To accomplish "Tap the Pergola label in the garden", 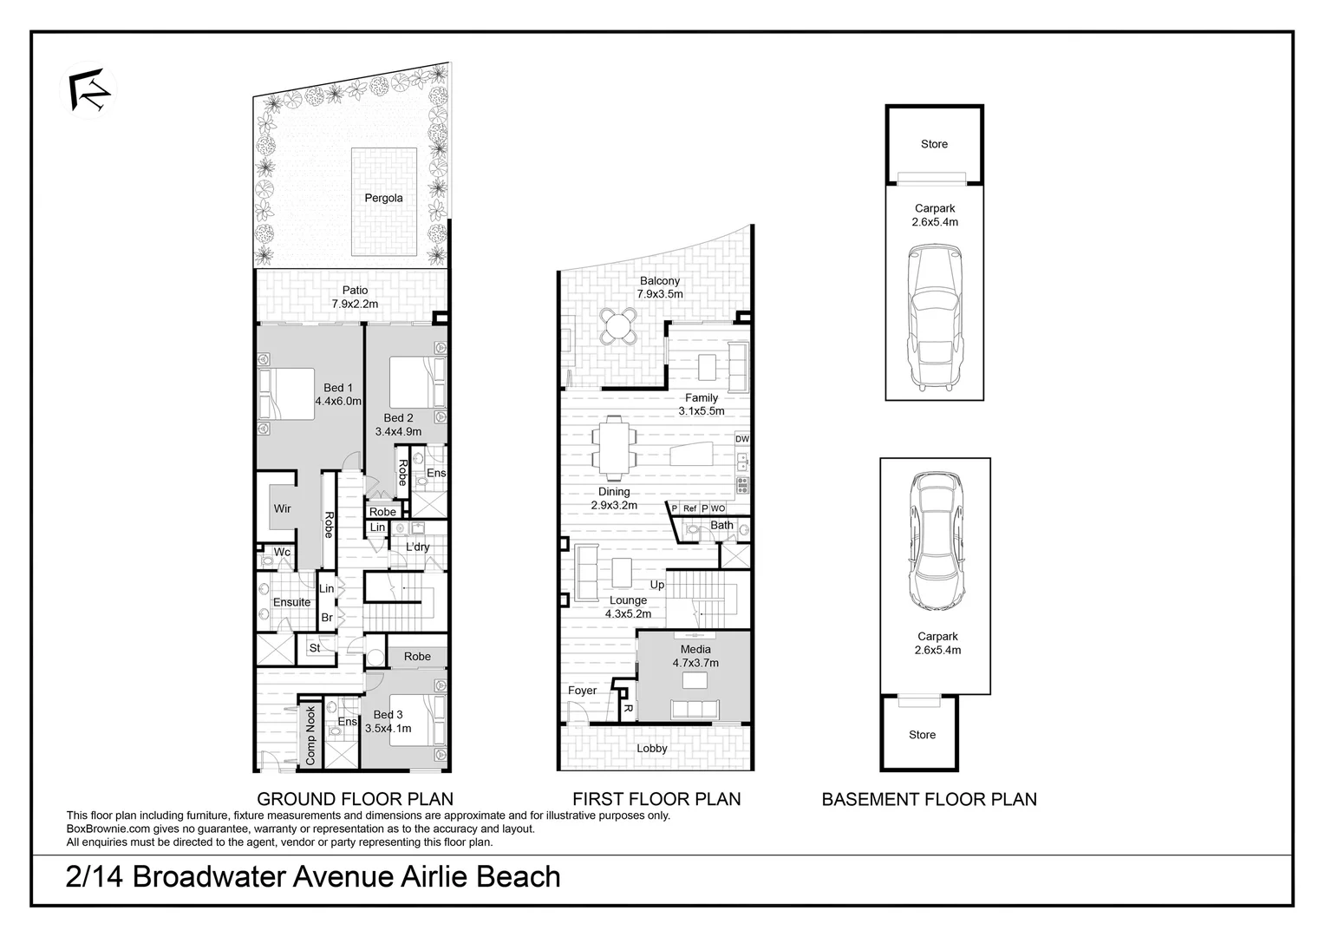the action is (383, 198).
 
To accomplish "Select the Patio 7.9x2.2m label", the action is (355, 298).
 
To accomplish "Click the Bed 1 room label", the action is (338, 395).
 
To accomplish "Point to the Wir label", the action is (283, 508).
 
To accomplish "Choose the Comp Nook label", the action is (310, 736).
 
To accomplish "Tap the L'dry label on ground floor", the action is (418, 547).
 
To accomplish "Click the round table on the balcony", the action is (619, 326).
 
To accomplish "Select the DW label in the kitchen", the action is (742, 439).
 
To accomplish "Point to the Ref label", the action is (690, 508).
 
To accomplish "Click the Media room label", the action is (695, 656).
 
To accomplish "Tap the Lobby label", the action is (652, 749).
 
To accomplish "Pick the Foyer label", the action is (582, 691).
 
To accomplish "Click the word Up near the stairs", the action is (657, 585).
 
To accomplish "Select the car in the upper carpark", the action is (935, 316).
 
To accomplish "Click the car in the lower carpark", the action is (936, 542).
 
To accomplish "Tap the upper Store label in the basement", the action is (934, 144).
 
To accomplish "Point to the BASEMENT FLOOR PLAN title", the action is (929, 799).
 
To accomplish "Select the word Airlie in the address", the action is (428, 876).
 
